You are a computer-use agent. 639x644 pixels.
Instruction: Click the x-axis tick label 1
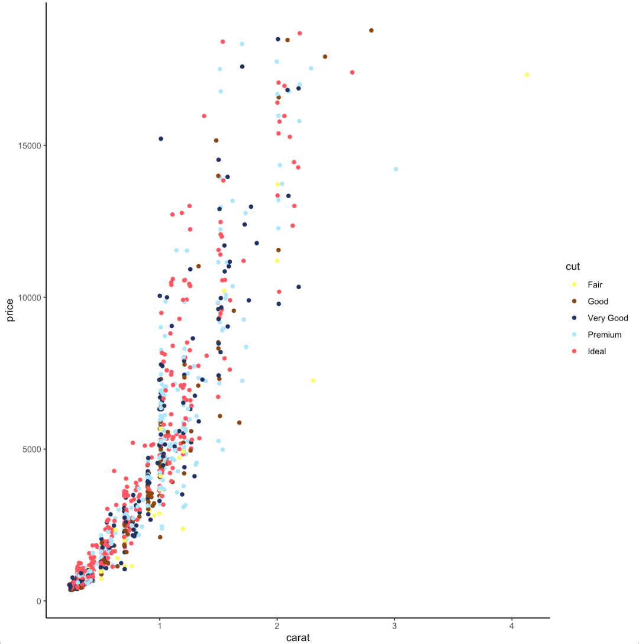(x=159, y=626)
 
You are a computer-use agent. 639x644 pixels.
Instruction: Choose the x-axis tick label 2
(x=277, y=626)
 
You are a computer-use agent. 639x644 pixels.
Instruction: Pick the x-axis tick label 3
(x=394, y=626)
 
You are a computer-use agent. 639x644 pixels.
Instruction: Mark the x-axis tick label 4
(x=511, y=626)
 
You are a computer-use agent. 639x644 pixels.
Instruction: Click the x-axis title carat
(x=298, y=637)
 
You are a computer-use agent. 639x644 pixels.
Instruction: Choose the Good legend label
(x=597, y=301)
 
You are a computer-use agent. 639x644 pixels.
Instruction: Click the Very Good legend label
(x=608, y=318)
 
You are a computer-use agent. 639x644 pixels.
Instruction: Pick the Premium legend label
(x=605, y=335)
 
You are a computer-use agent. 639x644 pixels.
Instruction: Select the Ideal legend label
(x=597, y=351)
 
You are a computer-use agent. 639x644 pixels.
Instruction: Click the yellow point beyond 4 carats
(x=527, y=75)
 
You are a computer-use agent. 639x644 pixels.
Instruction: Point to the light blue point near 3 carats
(x=396, y=169)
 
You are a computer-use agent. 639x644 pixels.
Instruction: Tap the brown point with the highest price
(x=371, y=30)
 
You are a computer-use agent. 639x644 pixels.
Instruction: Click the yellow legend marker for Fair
(x=573, y=284)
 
